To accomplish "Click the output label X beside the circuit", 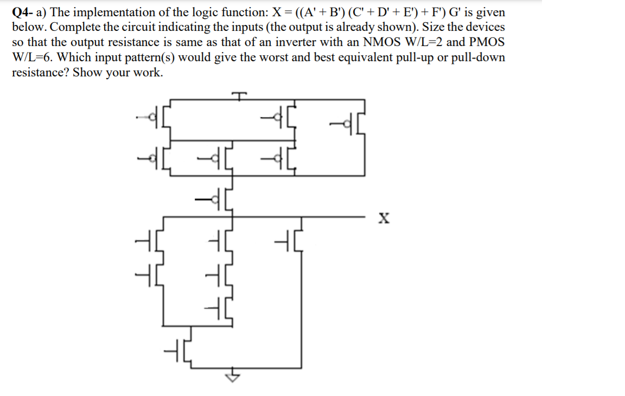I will coord(384,219).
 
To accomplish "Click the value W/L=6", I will coord(34,57).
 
